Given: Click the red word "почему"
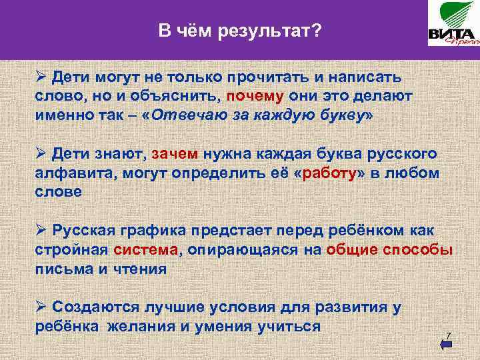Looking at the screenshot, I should pos(253,96).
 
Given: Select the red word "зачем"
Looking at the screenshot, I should pos(175,155).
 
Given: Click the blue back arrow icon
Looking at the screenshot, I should pos(447,344).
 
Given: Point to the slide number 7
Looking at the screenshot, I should pos(449,334).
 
